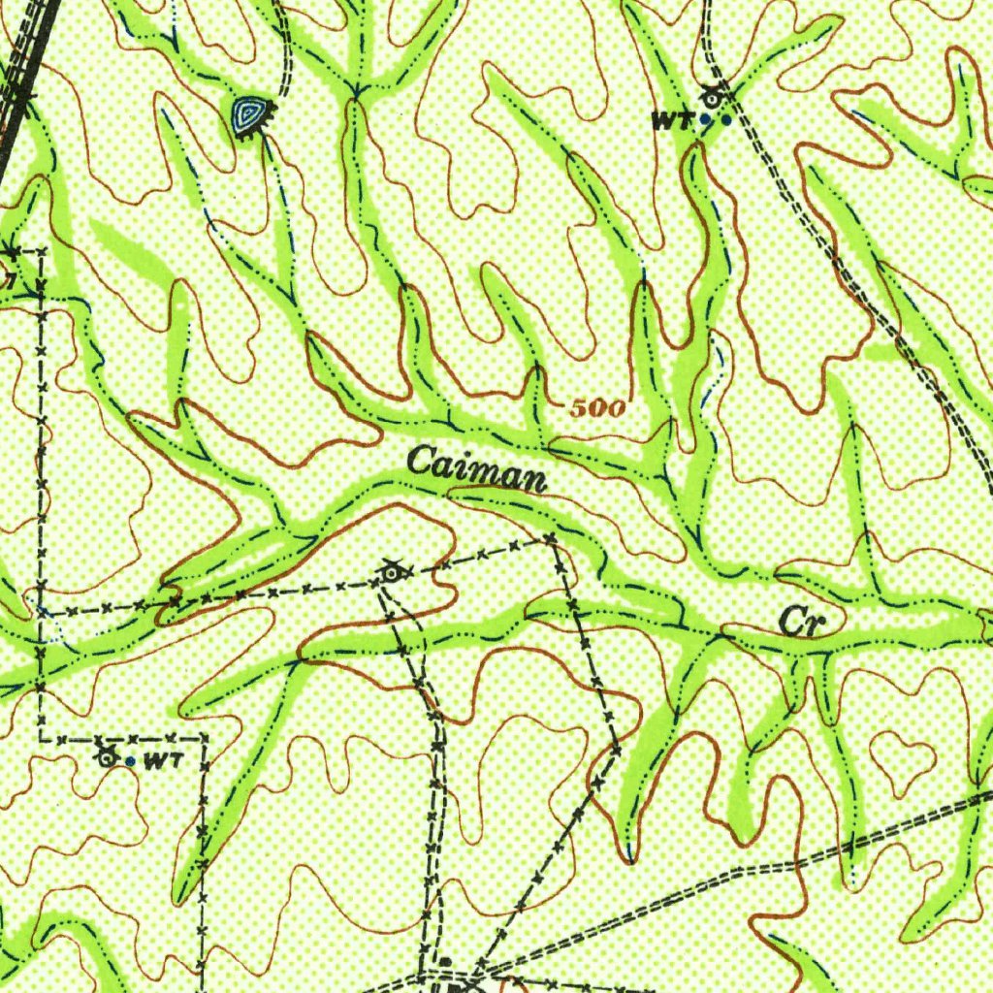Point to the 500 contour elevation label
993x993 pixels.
coord(595,408)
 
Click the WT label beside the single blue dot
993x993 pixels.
coord(162,761)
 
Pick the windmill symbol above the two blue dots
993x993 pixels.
coord(714,97)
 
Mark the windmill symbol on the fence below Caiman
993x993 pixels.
coord(391,573)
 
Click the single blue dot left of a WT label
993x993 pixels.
coord(131,761)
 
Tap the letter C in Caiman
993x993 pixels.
coord(420,461)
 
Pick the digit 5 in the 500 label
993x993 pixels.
coord(577,408)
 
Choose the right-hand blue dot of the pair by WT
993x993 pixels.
coord(726,120)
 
